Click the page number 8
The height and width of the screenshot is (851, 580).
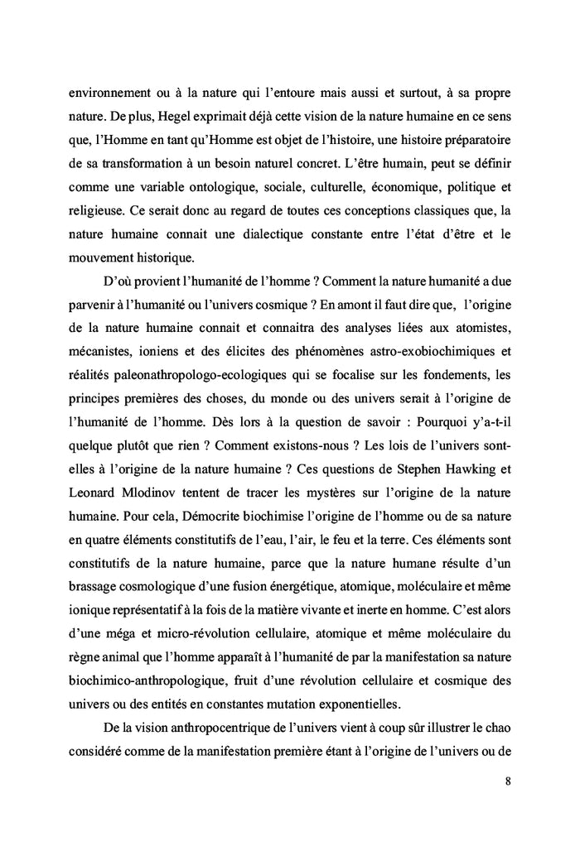coord(506,781)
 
